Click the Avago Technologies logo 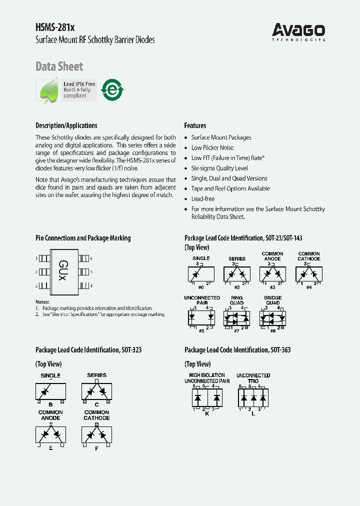point(299,32)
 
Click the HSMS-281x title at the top point(55,28)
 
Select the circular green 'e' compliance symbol point(112,90)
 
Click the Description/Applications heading point(66,125)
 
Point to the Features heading point(195,125)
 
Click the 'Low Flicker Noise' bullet point(212,147)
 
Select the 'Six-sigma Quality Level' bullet point(219,168)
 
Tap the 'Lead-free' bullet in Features point(202,199)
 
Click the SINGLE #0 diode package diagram point(201,274)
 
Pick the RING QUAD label point(236,300)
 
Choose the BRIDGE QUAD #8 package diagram point(273,317)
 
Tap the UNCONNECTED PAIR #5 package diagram point(201,317)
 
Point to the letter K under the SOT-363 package point(207,413)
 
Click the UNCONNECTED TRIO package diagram point(253,398)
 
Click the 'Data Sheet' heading point(59,66)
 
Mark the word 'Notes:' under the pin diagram point(42,302)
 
